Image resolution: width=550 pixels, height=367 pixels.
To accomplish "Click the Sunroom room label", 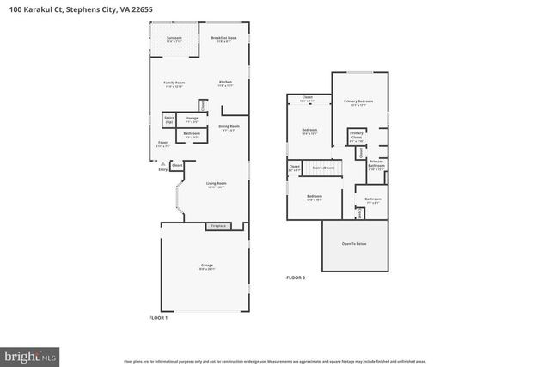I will (x=174, y=39).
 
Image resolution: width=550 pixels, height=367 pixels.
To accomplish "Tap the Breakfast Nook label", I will (x=224, y=39).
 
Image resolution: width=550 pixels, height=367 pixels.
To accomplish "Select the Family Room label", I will (x=174, y=84).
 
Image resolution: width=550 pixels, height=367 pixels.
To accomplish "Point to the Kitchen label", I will (x=226, y=83).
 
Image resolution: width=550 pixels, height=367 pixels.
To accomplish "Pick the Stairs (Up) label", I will (x=169, y=120).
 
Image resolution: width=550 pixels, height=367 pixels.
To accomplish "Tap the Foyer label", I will (x=162, y=144).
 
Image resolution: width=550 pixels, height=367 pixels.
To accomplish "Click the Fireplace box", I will (x=218, y=226).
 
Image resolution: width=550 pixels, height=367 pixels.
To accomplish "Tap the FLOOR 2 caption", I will (x=296, y=278).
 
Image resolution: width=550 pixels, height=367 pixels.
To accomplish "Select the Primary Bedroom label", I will (x=359, y=102).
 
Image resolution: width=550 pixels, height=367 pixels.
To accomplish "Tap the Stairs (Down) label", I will (x=323, y=168).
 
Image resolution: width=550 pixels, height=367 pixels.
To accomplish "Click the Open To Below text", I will (x=353, y=244).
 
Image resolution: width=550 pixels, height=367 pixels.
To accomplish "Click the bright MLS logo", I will (x=30, y=353).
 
